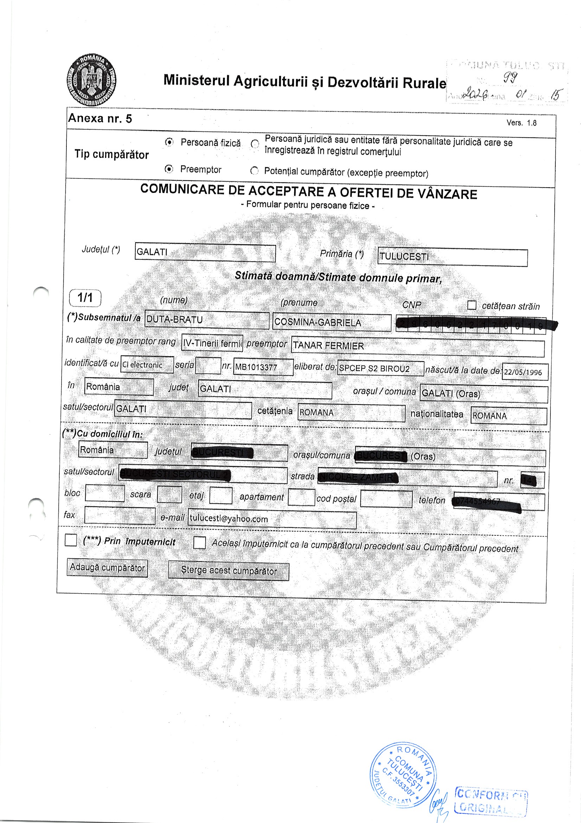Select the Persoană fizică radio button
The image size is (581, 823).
(169, 142)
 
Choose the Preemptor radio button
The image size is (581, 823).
(169, 169)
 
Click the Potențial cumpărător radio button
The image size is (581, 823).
(254, 171)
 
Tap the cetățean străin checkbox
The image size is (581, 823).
(472, 305)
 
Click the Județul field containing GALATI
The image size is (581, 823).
(205, 252)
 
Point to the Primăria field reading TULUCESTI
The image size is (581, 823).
(452, 257)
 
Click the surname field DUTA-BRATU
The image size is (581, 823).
(207, 320)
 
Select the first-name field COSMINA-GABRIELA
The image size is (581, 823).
(331, 322)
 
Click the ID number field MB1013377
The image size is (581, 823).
(263, 367)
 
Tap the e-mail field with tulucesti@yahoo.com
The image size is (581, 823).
(272, 519)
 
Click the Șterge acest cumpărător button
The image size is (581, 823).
(228, 571)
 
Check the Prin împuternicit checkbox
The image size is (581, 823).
(71, 540)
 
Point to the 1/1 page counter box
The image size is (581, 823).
(85, 297)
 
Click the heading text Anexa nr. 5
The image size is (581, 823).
(100, 118)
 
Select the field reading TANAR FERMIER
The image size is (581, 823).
(418, 347)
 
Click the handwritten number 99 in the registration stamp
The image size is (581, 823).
(509, 77)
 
